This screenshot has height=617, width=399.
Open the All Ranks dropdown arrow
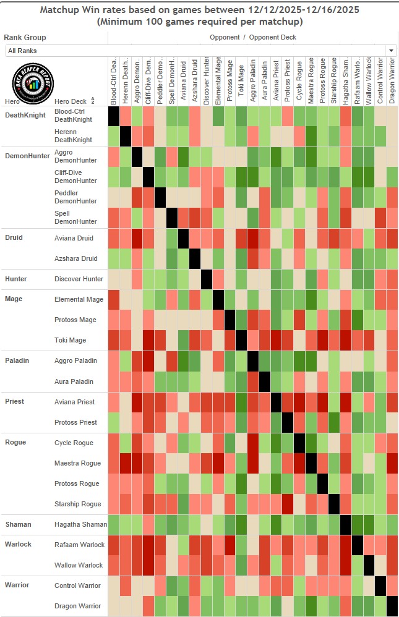[391, 51]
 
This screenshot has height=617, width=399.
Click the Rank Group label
[25, 38]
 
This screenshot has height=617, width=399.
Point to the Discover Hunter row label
[79, 279]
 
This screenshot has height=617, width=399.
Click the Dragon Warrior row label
[77, 606]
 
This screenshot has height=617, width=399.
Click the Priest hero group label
[14, 402]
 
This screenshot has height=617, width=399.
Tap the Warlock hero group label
[18, 545]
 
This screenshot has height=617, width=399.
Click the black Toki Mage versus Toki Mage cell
[241, 341]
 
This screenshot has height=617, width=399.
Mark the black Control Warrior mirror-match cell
[380, 586]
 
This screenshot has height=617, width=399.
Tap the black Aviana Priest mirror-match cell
[276, 402]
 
